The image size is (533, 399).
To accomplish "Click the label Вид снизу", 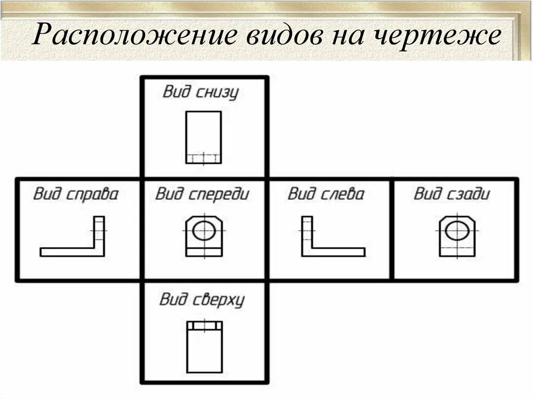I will (200, 93).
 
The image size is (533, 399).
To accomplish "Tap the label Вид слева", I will (326, 195).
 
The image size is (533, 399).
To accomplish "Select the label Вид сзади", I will (452, 195).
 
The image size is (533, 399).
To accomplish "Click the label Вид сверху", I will (201, 300).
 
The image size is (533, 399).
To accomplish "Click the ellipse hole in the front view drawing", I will (204, 230).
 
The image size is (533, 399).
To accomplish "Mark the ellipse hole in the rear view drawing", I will (456, 230).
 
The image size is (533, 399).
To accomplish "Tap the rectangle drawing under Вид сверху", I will (204, 347).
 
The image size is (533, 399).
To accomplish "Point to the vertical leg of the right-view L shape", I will (99, 231).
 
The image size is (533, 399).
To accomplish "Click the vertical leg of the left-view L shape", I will (307, 231).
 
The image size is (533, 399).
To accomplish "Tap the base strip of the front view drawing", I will (204, 252).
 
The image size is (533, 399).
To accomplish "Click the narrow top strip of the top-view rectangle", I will (204, 326).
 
